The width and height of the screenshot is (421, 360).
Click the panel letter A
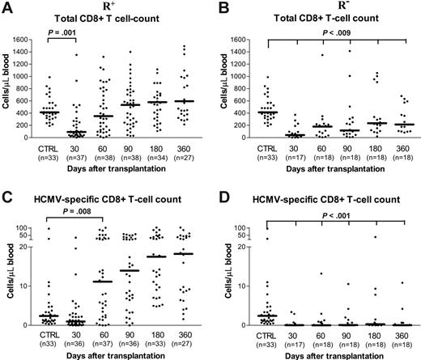(6, 7)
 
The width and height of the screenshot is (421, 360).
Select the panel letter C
(6, 193)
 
